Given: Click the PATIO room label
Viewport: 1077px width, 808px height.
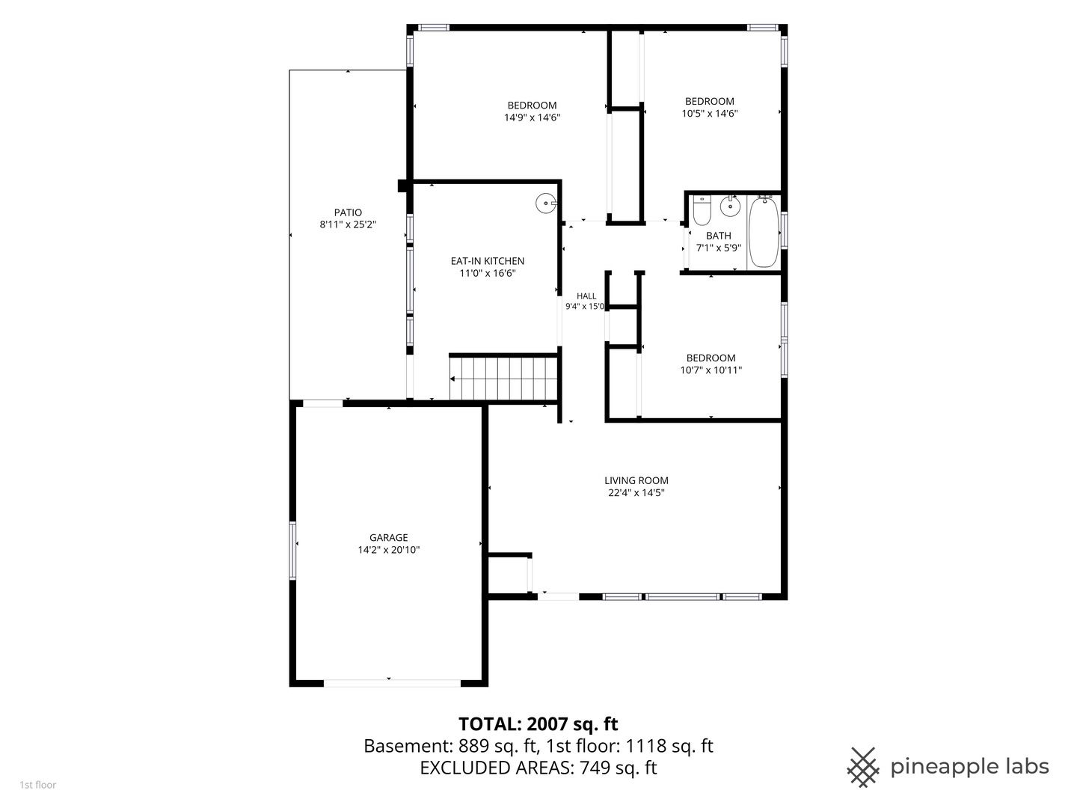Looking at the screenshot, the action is pyautogui.click(x=348, y=212).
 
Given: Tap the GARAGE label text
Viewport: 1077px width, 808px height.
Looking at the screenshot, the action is pyautogui.click(x=389, y=537).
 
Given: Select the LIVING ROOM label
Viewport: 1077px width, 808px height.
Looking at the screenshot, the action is pyautogui.click(x=636, y=480).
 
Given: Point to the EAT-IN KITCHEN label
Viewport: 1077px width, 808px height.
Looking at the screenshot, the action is pyautogui.click(x=488, y=261).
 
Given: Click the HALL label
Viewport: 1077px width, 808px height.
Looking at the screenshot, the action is pyautogui.click(x=586, y=296).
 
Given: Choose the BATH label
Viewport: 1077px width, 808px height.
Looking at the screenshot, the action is pyautogui.click(x=719, y=236).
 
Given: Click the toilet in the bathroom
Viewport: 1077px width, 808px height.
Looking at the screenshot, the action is pyautogui.click(x=702, y=210).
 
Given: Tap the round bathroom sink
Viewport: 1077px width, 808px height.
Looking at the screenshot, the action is pyautogui.click(x=731, y=206).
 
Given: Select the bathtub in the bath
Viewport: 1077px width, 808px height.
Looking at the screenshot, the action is pyautogui.click(x=764, y=232).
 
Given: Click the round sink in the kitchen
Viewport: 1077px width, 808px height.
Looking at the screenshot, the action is pyautogui.click(x=546, y=203).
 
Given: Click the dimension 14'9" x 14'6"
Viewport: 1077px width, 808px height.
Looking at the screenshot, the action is pyautogui.click(x=533, y=117).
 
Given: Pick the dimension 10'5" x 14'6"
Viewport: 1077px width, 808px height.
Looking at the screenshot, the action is pyautogui.click(x=710, y=113).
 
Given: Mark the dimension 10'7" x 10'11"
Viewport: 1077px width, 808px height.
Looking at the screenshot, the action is pyautogui.click(x=711, y=370).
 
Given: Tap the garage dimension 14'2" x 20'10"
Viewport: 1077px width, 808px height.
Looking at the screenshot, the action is pyautogui.click(x=389, y=549).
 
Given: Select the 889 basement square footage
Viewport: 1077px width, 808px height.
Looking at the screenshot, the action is pyautogui.click(x=473, y=746).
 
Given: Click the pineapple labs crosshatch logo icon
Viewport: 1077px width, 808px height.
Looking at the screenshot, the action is pyautogui.click(x=863, y=768).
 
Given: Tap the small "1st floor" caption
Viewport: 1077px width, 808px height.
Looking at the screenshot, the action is pyautogui.click(x=38, y=785).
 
